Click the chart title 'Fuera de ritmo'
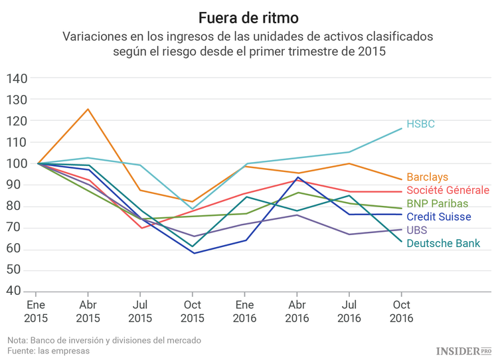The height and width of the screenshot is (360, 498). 248,15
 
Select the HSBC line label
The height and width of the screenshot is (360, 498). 420,124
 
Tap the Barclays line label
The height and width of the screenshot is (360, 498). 427,177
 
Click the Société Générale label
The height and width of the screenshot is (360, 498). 448,190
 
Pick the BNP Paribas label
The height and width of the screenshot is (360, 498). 437,203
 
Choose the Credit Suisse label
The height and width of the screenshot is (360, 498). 438,217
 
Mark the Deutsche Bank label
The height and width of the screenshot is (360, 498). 443,244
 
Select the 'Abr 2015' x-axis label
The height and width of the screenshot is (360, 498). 88,312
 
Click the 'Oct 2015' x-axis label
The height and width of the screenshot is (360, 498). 192,312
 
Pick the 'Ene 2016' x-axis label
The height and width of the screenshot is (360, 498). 244,312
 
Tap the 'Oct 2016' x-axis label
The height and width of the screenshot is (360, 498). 401,312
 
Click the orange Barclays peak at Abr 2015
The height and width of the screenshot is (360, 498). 88,109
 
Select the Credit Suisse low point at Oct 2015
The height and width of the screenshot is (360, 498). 193,253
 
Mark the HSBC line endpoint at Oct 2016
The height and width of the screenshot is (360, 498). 401,128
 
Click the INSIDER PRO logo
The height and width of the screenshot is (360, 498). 463,350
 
